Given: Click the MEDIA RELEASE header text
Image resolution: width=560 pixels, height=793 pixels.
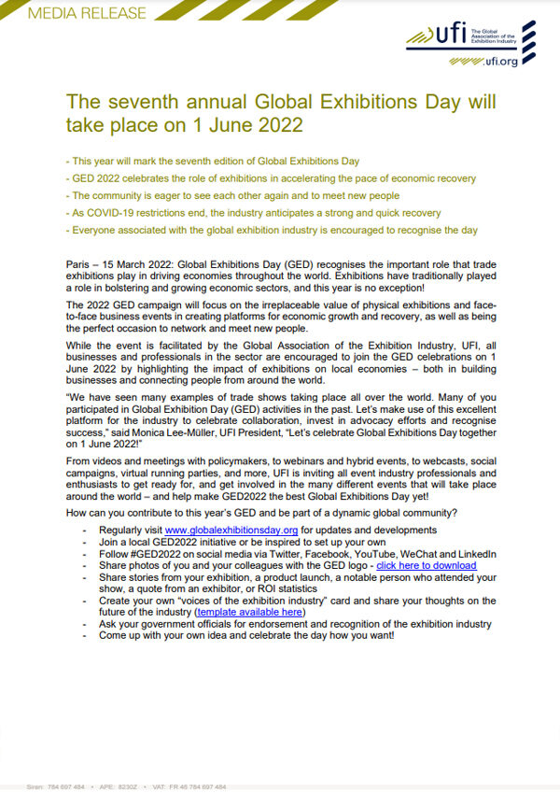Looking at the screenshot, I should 75,13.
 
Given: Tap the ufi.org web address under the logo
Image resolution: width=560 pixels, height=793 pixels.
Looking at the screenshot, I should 500,63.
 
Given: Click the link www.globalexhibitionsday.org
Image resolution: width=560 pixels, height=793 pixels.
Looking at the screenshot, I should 231,530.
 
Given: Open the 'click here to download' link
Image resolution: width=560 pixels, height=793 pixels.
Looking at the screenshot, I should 427,565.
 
